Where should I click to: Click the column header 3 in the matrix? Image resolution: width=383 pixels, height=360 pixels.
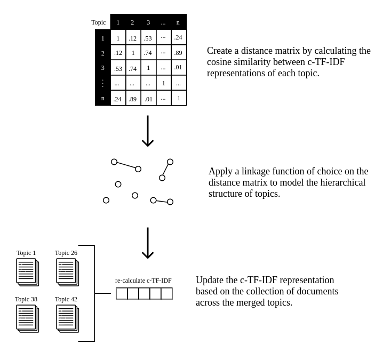coord(148,22)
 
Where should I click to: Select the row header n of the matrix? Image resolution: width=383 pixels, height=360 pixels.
coord(103,98)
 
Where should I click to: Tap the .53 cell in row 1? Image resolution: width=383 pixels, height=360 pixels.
coord(148,38)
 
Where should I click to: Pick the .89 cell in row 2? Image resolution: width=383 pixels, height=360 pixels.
coord(178,53)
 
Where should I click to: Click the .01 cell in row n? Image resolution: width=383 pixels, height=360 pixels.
coord(148,99)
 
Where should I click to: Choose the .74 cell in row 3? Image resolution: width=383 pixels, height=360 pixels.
coord(132,68)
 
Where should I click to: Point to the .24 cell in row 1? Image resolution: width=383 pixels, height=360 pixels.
coord(178,37)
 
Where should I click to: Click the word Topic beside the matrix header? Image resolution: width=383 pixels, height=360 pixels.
coord(98,22)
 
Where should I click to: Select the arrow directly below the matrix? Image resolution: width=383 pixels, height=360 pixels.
coord(148,131)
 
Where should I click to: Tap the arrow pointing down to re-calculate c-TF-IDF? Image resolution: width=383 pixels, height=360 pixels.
coord(148,243)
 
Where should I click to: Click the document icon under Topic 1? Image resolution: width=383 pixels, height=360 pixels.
coord(27,272)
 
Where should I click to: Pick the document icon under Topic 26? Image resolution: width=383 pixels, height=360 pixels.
coord(67,272)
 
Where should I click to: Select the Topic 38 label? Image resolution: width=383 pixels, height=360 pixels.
coord(26,299)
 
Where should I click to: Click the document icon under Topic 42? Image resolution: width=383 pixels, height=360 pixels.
coord(67,318)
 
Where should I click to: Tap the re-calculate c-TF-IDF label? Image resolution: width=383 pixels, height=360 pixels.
coord(143,281)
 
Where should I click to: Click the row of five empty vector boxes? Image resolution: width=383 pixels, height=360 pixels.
coord(144,293)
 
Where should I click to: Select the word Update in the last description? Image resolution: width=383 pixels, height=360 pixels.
coord(211,280)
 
